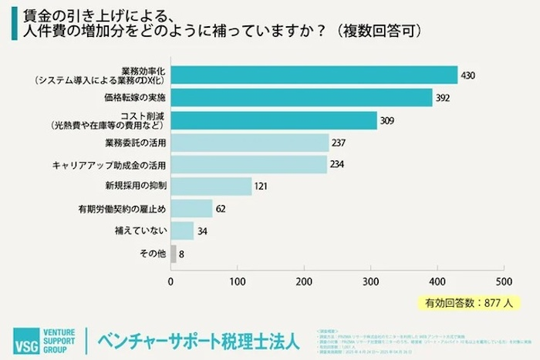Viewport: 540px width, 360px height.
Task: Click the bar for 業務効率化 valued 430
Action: tap(314, 75)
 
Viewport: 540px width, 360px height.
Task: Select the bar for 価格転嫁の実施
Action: tap(302, 97)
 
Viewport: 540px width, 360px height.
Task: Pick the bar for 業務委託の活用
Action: tap(250, 143)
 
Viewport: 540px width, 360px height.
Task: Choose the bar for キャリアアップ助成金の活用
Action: tap(248, 165)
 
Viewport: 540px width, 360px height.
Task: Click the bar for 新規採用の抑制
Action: tap(211, 187)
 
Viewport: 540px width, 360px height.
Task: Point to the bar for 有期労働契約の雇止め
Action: tap(191, 209)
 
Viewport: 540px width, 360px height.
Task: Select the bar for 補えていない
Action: tap(182, 231)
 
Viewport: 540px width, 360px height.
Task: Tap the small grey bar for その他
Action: tap(174, 253)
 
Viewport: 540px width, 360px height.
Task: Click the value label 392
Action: tap(442, 98)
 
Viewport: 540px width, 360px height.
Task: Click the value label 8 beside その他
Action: tap(182, 254)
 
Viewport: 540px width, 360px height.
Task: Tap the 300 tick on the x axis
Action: tap(371, 280)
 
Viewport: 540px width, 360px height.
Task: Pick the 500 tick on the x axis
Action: tap(504, 280)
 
